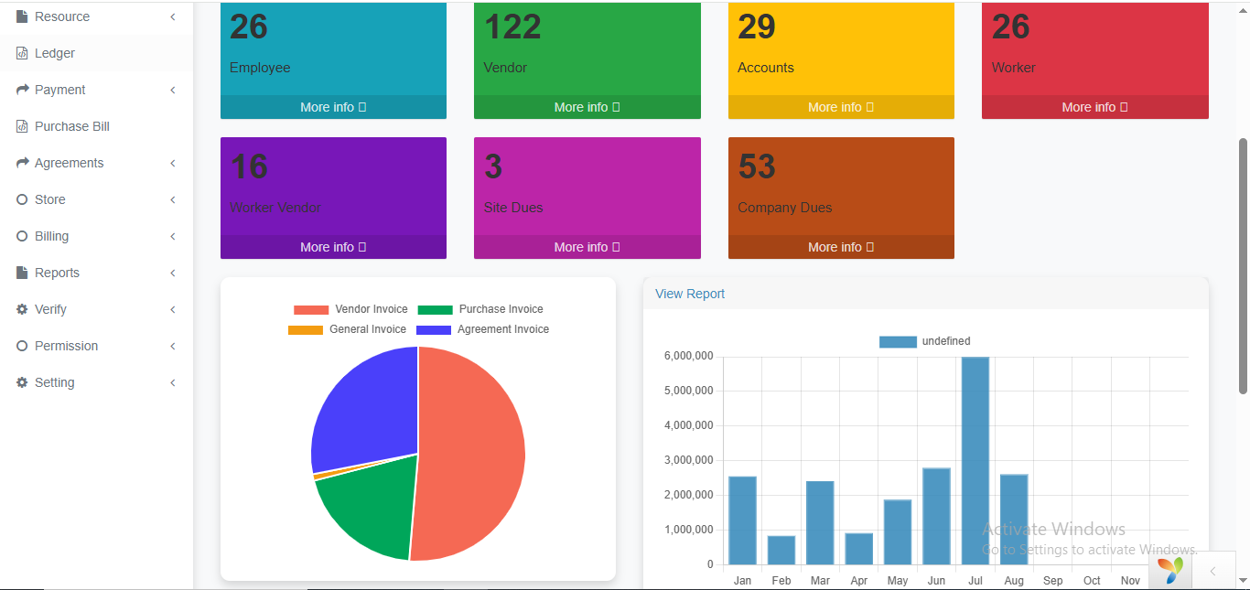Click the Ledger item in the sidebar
coord(55,53)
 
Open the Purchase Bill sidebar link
coord(71,126)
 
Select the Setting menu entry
coord(54,382)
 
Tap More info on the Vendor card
coord(587,107)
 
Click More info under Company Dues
coord(840,247)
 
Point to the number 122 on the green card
coord(512,27)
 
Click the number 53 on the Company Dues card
coord(757,166)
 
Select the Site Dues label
coord(513,208)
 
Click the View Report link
coord(690,294)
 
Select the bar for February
coord(781,550)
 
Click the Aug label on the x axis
coord(1014,581)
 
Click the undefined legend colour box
coord(898,341)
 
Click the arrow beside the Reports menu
coord(173,273)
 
